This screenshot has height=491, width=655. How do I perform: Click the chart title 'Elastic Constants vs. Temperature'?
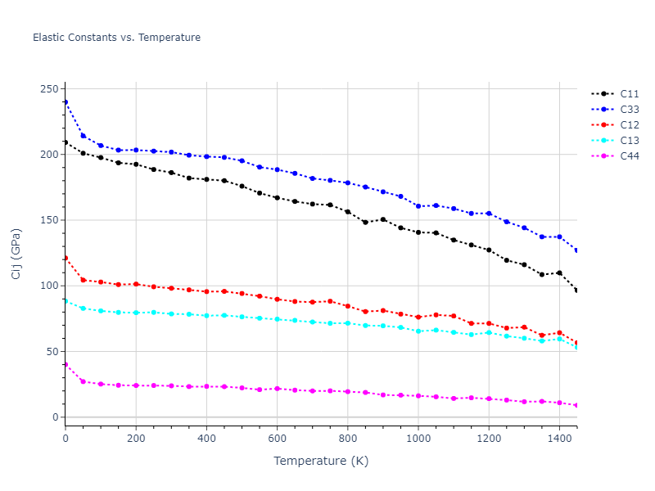click(116, 38)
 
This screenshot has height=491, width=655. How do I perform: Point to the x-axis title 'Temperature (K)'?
click(321, 461)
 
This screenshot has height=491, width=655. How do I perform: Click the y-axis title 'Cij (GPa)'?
click(16, 254)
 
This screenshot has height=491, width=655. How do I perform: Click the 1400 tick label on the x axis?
click(559, 439)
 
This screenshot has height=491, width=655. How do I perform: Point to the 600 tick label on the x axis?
click(277, 439)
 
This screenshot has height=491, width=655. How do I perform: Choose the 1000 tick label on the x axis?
click(418, 439)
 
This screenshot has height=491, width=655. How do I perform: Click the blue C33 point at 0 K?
click(65, 102)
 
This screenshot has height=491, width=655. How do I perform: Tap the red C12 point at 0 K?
click(65, 258)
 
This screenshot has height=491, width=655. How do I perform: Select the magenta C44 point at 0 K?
click(65, 364)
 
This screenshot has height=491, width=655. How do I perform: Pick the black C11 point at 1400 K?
click(559, 273)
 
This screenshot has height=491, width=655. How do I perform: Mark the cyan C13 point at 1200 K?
click(489, 332)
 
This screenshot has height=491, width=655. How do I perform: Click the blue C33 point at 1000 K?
click(418, 206)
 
